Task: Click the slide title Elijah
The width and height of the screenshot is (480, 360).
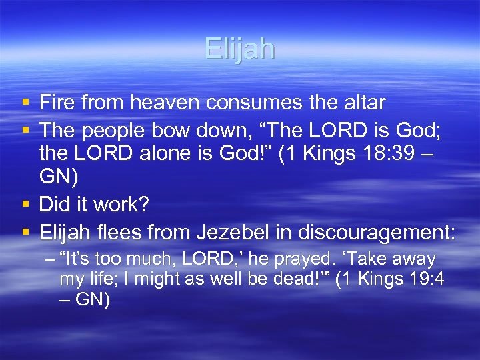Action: coord(239,49)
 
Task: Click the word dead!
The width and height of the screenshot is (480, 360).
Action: coord(300,279)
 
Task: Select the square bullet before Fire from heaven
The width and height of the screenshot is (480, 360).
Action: coord(25,103)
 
